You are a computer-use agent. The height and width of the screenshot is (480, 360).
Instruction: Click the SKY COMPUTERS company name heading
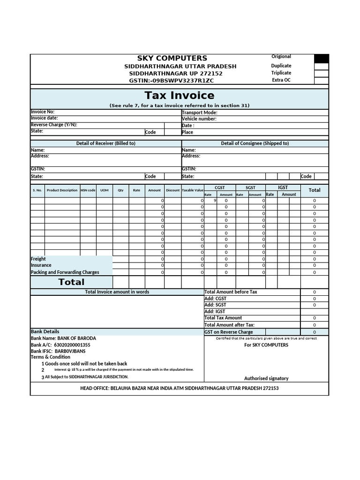coord(172,58)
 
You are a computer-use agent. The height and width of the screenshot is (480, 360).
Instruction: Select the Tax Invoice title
coord(180,96)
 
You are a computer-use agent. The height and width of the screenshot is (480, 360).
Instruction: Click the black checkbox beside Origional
coord(321,59)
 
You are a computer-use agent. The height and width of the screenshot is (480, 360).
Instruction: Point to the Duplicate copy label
coord(281,66)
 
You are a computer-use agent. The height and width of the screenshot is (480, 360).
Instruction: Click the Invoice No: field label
coord(43,112)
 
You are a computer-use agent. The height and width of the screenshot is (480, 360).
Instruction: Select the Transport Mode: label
coord(199,112)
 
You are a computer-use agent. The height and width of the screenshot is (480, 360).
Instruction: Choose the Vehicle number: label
coord(199,119)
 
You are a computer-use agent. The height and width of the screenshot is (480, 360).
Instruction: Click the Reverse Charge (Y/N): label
coord(54,125)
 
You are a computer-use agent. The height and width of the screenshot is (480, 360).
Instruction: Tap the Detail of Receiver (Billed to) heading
coord(105,143)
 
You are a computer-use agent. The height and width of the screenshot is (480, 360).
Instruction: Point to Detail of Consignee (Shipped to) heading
coord(255,143)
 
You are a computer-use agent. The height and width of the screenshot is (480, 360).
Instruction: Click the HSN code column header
coord(88,190)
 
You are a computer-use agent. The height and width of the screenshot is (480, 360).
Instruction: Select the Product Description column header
coord(62,190)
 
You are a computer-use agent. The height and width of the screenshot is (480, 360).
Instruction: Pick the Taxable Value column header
coord(193,190)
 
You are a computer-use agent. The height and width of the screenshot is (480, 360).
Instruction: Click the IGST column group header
coord(283,187)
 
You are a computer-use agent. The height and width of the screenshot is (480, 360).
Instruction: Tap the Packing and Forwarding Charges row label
coord(65,272)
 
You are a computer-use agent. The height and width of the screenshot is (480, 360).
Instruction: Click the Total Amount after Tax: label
coord(229,325)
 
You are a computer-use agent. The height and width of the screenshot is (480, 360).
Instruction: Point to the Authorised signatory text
coord(266,378)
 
